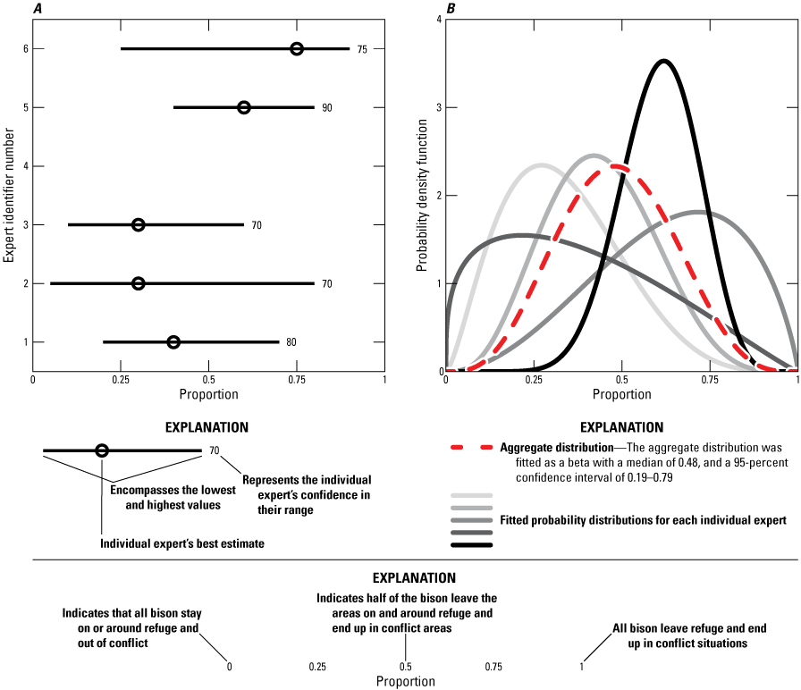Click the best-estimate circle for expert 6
[297, 48]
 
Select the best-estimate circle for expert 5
[244, 107]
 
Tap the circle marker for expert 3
[139, 224]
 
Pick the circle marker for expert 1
[173, 342]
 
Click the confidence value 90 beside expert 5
[327, 107]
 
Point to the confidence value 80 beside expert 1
[291, 342]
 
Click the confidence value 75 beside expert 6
[362, 48]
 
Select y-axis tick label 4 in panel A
[24, 166]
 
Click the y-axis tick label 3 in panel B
[435, 107]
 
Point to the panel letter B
[451, 9]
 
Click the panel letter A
[38, 9]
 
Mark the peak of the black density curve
[662, 61]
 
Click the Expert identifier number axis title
[9, 195]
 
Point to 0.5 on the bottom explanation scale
[405, 666]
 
